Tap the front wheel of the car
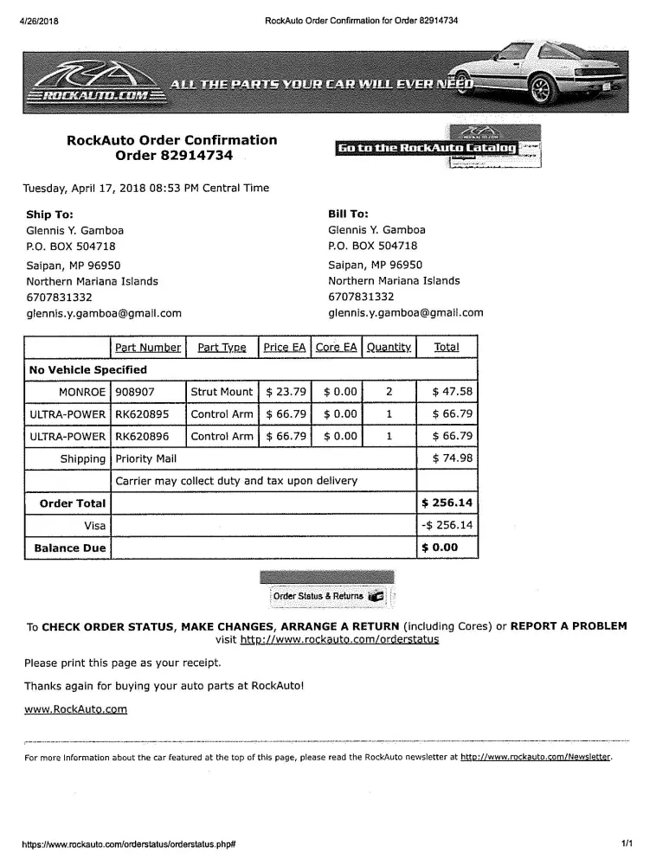(542, 88)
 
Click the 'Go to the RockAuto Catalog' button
(427, 149)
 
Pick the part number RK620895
(143, 413)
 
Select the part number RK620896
(143, 436)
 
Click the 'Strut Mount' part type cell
(222, 392)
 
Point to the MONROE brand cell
(81, 392)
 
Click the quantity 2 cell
(389, 392)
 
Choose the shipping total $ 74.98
(452, 458)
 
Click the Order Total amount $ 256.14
(447, 503)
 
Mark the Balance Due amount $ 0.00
(439, 548)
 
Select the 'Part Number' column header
(148, 347)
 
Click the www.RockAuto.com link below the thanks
(75, 708)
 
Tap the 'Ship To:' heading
(50, 214)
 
